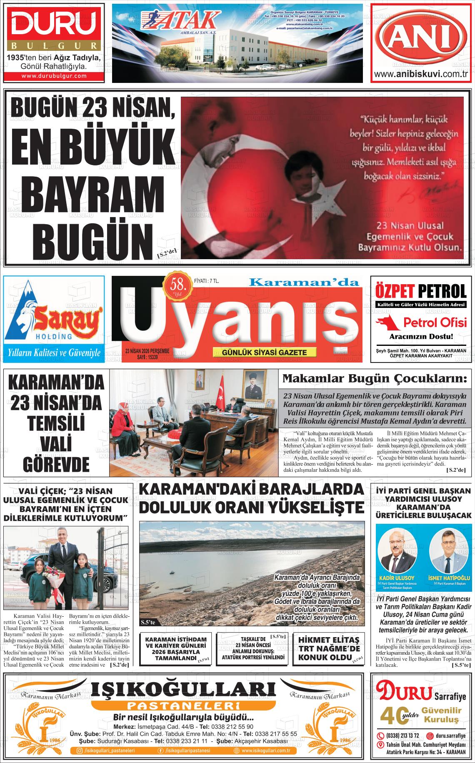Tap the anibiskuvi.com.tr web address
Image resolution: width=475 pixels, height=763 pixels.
point(422,74)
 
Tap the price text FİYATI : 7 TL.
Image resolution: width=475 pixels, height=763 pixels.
point(207,281)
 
